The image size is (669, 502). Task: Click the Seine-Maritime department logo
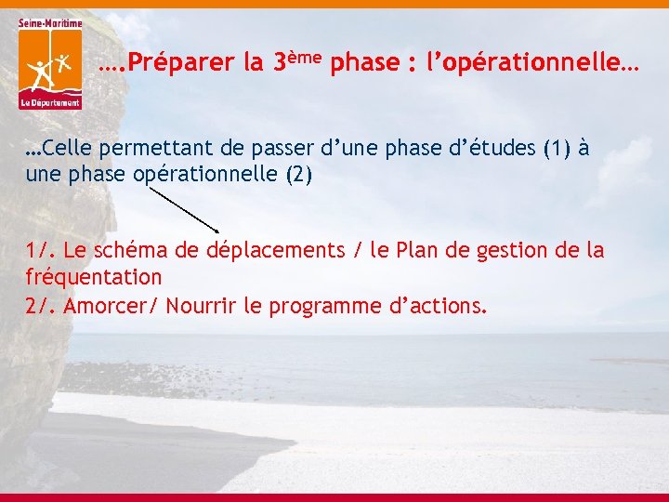[x=49, y=63]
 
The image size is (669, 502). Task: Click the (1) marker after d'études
[x=556, y=148]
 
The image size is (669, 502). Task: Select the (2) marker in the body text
[x=299, y=175]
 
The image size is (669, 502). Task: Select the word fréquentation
[x=94, y=277]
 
